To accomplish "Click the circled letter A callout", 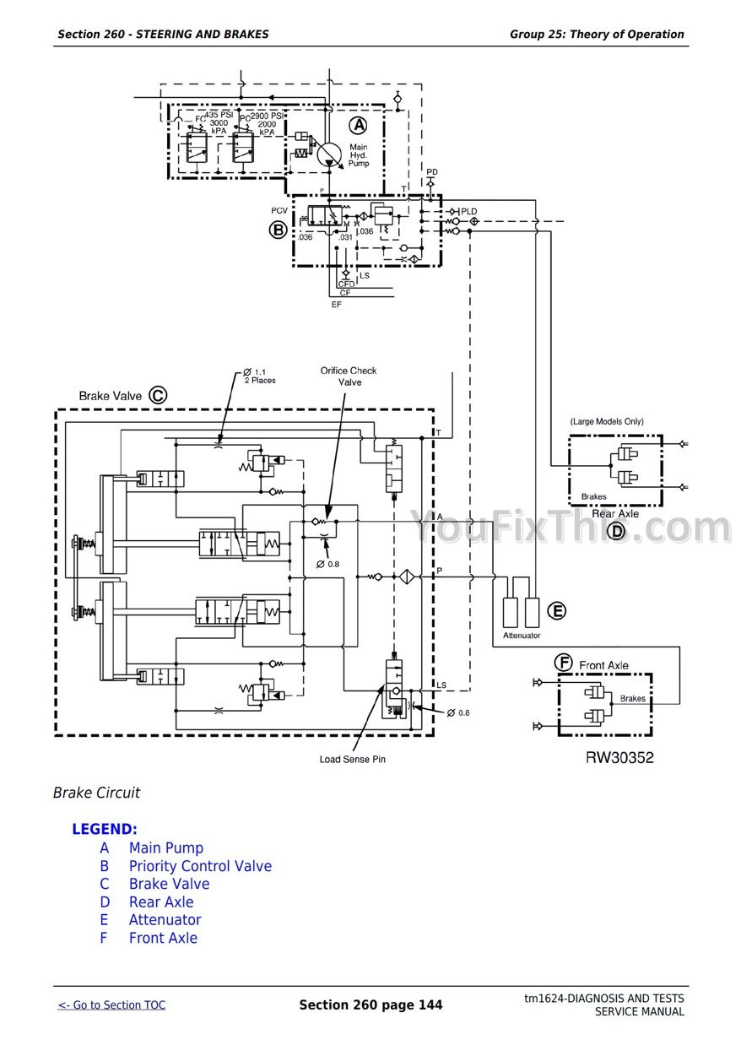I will tap(359, 126).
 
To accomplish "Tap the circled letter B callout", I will tap(278, 229).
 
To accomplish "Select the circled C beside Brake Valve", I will tap(158, 394).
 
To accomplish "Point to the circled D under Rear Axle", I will tap(617, 531).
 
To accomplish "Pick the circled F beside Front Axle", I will tap(564, 663).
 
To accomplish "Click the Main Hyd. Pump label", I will tap(359, 155).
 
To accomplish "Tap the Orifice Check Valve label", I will tap(349, 376).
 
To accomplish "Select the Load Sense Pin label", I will tap(353, 759).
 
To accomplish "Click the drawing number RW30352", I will tap(619, 757).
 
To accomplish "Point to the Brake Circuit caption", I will tap(96, 793).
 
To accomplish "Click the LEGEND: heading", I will tap(105, 829).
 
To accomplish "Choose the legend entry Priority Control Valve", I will tap(200, 866).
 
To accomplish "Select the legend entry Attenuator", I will tap(165, 920).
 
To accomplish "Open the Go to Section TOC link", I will tap(112, 1004).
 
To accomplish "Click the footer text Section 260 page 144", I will tap(370, 1004).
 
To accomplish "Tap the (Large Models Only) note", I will tap(606, 421).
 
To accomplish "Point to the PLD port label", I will tap(468, 211).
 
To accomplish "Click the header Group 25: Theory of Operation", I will tap(597, 35).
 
